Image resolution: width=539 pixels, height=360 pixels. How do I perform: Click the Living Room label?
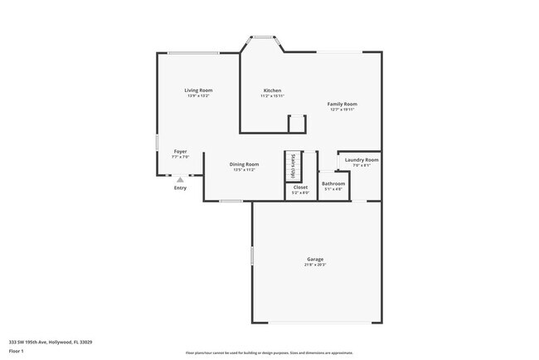(198, 90)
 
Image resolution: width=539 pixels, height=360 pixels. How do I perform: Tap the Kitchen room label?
(272, 90)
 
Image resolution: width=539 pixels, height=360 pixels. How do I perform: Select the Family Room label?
(342, 104)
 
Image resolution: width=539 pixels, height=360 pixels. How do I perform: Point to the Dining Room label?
(244, 164)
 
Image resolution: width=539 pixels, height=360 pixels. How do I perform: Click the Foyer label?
(180, 152)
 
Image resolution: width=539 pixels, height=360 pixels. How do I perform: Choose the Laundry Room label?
(362, 159)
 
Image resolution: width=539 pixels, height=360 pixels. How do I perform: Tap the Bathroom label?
(333, 183)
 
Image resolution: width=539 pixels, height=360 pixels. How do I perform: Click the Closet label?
(300, 187)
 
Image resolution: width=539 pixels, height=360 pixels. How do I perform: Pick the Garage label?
(315, 259)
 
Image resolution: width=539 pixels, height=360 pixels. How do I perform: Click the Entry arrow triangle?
(180, 178)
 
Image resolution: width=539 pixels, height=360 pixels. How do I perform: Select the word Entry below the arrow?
(180, 188)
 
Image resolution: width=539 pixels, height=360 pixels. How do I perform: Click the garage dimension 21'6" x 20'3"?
(315, 265)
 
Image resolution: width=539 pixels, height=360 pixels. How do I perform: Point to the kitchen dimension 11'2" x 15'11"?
(272, 96)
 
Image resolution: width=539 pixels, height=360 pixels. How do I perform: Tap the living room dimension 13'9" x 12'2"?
(198, 95)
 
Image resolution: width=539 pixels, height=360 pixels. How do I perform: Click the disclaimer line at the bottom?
(269, 353)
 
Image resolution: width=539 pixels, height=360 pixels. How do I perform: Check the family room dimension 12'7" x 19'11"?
(342, 109)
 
